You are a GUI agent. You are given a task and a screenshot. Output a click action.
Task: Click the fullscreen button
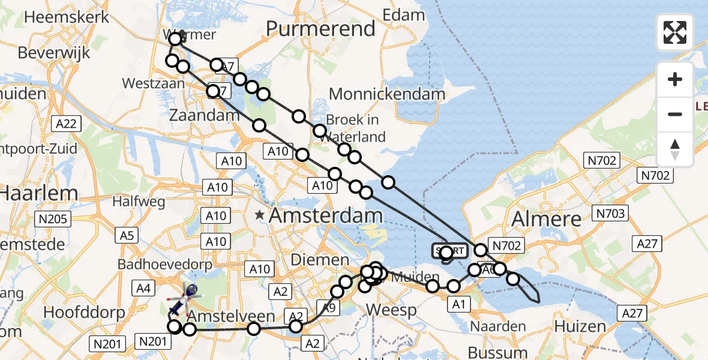[x=675, y=32]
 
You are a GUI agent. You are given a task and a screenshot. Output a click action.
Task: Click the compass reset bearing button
[x=675, y=149]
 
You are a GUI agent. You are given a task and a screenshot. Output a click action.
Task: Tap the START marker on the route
[x=449, y=251]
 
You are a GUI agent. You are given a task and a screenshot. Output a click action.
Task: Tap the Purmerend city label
[x=320, y=28]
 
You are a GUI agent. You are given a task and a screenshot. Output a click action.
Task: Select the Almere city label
[x=545, y=219]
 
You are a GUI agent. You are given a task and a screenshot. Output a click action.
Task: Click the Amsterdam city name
[x=326, y=216]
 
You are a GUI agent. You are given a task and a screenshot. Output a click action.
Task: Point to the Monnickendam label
[x=387, y=94]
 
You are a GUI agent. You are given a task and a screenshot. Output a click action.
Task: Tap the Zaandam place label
[x=200, y=115]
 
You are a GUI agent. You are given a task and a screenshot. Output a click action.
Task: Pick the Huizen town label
[x=580, y=326]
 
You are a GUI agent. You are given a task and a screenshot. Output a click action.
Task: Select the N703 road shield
[x=610, y=213]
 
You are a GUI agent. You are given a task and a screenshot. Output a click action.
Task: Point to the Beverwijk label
[x=54, y=53]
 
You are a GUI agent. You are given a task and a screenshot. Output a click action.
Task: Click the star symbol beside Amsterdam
[x=260, y=215]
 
